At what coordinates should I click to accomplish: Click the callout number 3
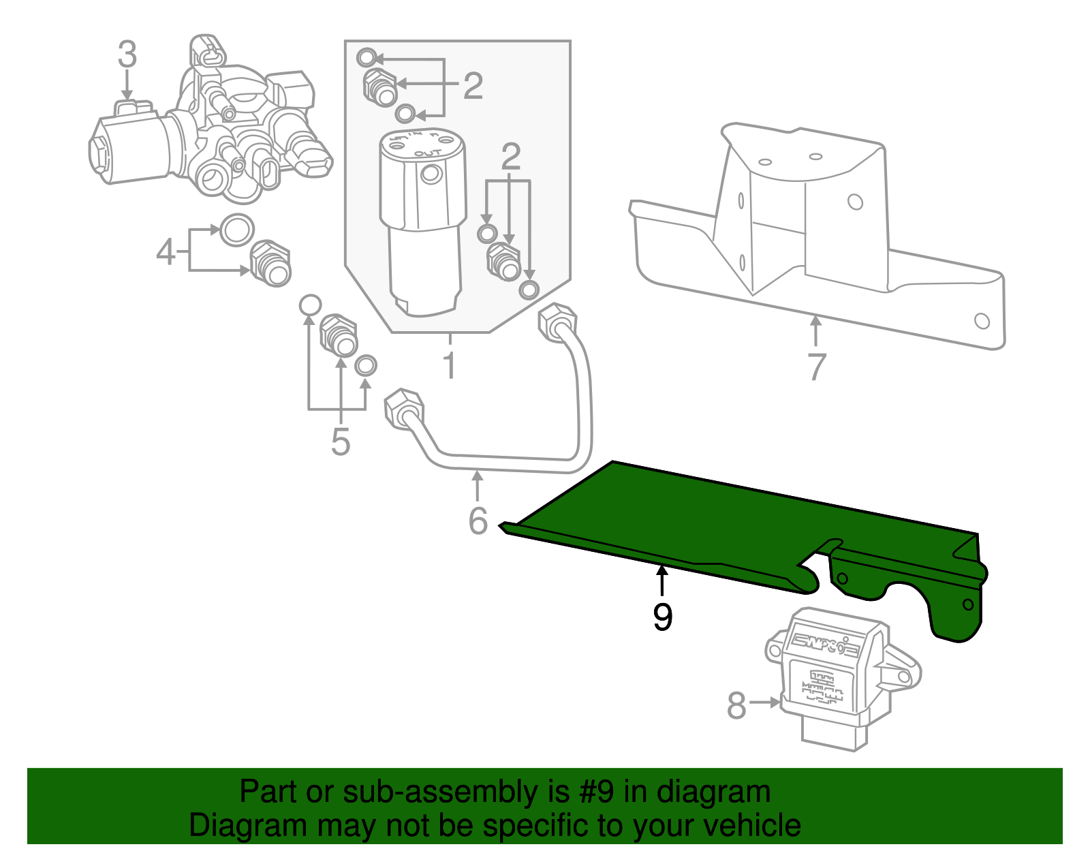point(127,55)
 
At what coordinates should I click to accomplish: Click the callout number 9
point(662,617)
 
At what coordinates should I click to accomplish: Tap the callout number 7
point(816,367)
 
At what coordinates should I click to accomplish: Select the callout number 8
point(736,706)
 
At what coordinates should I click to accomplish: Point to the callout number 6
point(478,521)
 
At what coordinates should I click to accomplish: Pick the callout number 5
point(341,442)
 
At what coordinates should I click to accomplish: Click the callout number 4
point(166,253)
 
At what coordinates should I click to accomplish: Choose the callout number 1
point(449,366)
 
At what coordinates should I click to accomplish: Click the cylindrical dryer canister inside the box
point(422,218)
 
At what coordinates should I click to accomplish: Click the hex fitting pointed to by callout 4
point(270,262)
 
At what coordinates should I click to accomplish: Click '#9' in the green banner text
point(595,792)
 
